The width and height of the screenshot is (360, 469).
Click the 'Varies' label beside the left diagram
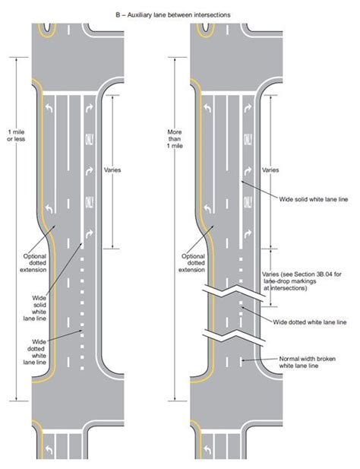click(122, 170)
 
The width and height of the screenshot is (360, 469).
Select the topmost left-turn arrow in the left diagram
click(49, 100)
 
